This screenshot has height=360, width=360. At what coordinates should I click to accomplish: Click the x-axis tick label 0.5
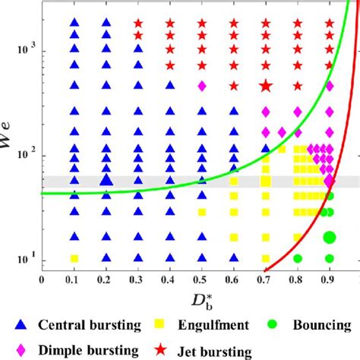coord(201,279)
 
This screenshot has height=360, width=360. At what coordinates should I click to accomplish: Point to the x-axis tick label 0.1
coord(74,279)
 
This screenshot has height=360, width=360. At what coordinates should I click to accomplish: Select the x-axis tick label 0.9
coord(329,279)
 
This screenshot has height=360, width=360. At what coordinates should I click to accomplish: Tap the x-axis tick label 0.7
coord(265,279)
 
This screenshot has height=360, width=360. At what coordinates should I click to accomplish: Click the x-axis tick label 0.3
coord(137,279)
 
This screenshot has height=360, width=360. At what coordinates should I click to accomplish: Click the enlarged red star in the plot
coord(266,86)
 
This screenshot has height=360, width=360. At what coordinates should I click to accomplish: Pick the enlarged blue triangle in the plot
coord(106,180)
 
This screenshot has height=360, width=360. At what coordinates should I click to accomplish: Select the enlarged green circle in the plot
coord(330,238)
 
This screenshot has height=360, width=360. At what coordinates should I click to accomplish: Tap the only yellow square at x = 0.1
coord(74,258)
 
